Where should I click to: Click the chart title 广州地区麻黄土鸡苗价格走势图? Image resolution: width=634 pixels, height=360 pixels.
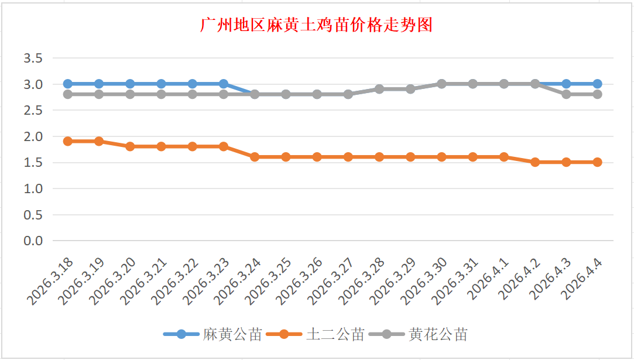316,25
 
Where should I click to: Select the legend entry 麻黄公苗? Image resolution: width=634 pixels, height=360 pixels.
232,335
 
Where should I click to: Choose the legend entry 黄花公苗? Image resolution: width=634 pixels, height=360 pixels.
438,335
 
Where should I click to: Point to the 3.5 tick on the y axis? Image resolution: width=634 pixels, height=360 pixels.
33,58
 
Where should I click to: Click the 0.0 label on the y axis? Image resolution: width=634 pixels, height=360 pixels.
33,241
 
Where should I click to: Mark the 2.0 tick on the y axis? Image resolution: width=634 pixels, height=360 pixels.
33,136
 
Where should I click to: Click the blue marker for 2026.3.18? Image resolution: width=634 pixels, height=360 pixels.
68,84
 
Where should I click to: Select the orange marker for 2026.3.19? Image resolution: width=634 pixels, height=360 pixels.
99,141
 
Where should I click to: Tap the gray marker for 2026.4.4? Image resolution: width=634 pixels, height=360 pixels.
597,94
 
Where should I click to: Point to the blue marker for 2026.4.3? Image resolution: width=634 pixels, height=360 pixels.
566,84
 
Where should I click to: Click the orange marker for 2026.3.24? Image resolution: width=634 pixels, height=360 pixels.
255,157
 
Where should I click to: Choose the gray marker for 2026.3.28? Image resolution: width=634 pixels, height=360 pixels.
379,89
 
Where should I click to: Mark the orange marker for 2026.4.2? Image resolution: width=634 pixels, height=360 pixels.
535,162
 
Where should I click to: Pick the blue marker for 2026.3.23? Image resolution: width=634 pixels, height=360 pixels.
224,84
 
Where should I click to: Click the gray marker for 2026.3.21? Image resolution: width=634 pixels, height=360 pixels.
162,94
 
